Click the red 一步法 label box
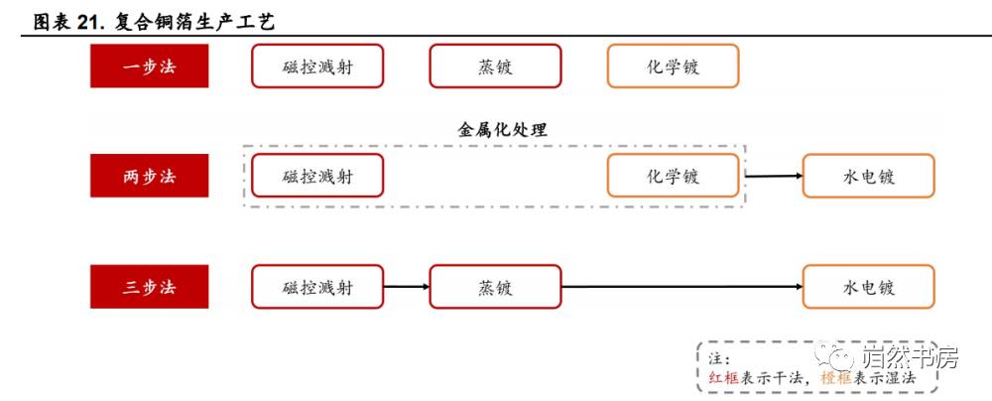coord(150,66)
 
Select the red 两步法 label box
coord(150,176)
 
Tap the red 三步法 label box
coord(150,286)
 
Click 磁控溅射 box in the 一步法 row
coord(317,66)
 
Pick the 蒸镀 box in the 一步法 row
coord(495,66)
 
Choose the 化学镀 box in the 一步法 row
coord(674,66)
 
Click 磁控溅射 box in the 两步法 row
coord(317,176)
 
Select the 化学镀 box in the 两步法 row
coord(674,176)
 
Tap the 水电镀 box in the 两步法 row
coord(869,176)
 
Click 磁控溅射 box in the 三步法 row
coord(317,286)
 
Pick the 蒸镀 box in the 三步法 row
coord(495,286)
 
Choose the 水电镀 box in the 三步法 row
coord(869,286)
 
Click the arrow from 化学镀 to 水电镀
coord(775,176)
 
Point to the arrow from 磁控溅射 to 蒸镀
coord(407,287)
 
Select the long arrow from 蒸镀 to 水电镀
coord(682,287)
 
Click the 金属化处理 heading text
coord(502,130)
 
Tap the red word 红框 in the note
coord(722,377)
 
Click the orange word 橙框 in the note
coord(835,377)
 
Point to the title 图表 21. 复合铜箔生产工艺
coord(154,22)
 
